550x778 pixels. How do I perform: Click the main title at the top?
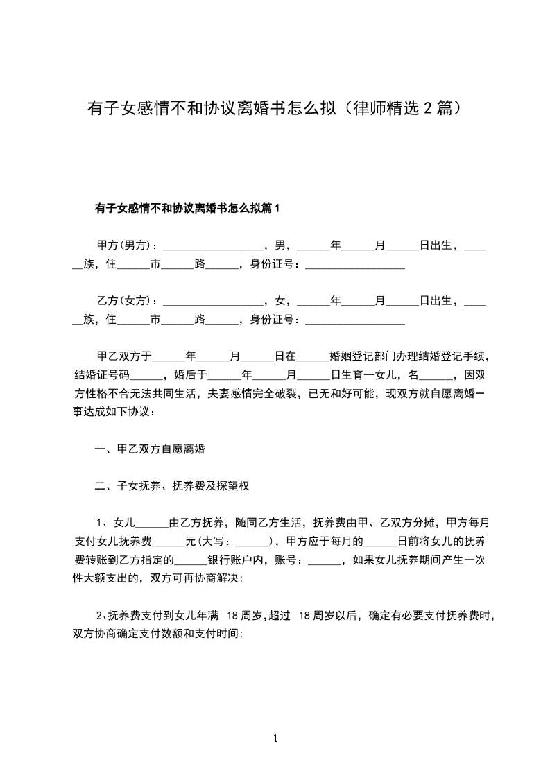coord(275,109)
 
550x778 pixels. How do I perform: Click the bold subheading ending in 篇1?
coord(187,208)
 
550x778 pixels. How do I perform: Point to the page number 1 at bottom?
coord(275,738)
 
